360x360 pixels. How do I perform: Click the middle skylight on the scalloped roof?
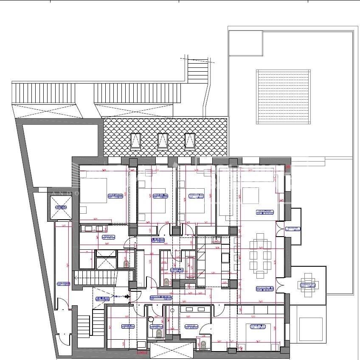[x=163, y=141]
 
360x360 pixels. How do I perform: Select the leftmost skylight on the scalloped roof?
[x=135, y=141]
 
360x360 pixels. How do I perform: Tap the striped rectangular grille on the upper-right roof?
[x=283, y=97]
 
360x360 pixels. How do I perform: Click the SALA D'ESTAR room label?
[x=264, y=212]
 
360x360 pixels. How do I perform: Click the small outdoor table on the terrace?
[x=309, y=285]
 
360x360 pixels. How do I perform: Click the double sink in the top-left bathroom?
[x=94, y=229]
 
